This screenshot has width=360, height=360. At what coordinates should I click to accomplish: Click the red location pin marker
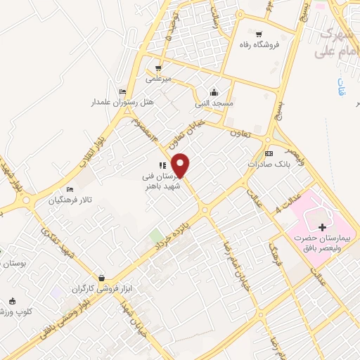(181, 165)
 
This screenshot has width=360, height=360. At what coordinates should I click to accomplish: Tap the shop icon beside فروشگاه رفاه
(259, 33)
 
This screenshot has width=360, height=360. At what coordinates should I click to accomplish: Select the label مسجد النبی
(214, 103)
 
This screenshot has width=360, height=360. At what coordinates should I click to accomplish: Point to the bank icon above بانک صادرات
(269, 153)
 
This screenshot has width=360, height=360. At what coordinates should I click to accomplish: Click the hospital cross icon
(323, 227)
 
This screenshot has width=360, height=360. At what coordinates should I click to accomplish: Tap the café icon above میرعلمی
(158, 68)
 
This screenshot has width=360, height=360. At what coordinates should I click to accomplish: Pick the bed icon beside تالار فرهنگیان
(70, 190)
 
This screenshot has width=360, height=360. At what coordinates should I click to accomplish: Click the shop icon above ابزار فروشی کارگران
(103, 278)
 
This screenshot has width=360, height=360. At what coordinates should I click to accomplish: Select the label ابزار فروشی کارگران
(101, 289)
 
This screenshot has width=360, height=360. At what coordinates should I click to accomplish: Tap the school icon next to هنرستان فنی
(162, 166)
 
